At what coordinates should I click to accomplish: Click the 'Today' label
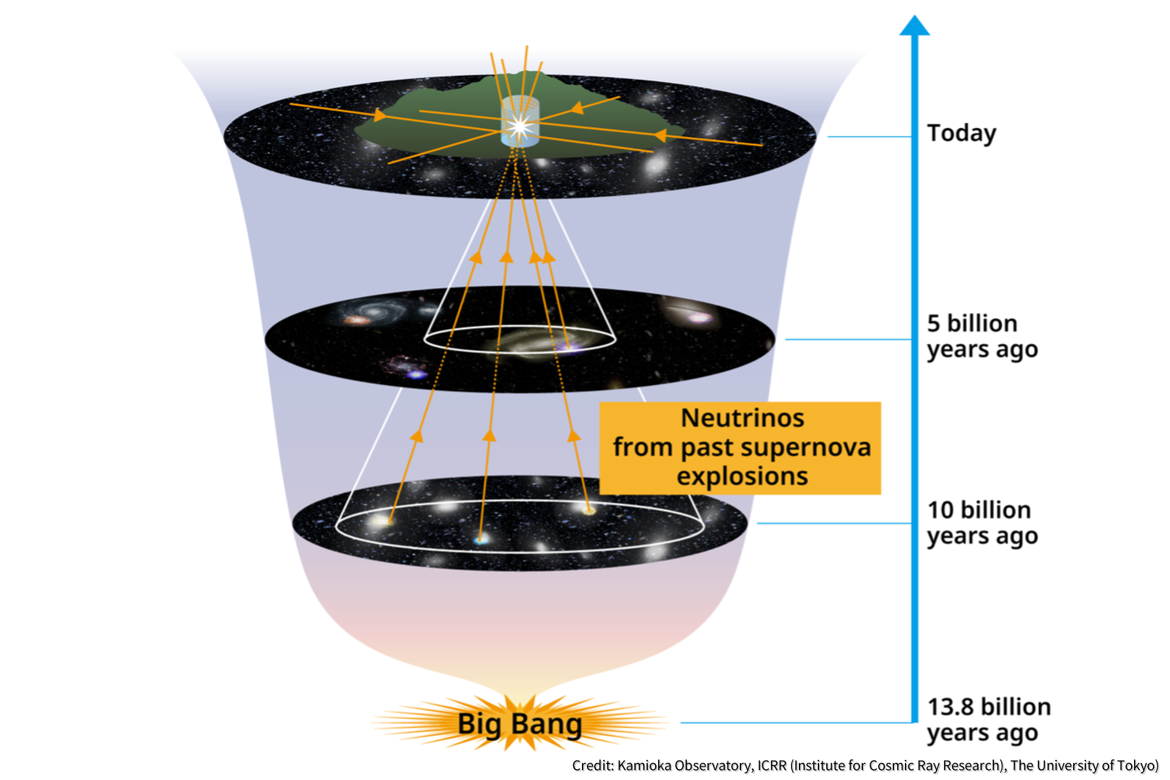tap(962, 133)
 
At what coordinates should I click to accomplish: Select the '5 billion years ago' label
tap(982, 336)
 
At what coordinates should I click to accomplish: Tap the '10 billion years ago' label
tap(982, 523)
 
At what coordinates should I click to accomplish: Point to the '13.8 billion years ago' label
tap(988, 720)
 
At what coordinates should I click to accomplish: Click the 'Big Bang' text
tap(520, 725)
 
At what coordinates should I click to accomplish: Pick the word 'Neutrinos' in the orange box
tap(742, 418)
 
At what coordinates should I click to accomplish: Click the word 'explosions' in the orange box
tap(742, 476)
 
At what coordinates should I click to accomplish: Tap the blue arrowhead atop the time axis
tap(915, 26)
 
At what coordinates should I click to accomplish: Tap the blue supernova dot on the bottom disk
tap(481, 539)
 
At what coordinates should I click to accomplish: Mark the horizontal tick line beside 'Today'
tap(870, 136)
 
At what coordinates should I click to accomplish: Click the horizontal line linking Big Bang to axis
tap(796, 723)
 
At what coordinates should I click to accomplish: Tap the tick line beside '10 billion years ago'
tap(834, 523)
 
